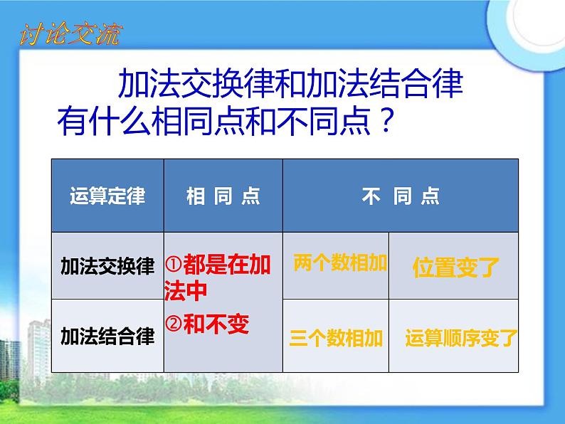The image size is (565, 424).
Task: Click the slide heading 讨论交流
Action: coord(69,33)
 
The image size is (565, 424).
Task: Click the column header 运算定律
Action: coord(107,196)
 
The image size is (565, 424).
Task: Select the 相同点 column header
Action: coord(223,196)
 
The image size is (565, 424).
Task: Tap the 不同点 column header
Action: coord(401,196)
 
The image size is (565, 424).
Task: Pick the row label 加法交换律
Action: coord(107,266)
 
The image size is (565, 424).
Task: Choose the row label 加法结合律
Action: coord(107,335)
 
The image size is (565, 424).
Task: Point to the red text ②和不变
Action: coord(208,324)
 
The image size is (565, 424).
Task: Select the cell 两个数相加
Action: coord(339,264)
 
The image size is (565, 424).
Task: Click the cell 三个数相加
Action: coord(337,338)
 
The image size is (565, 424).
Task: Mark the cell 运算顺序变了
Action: coord(461,338)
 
